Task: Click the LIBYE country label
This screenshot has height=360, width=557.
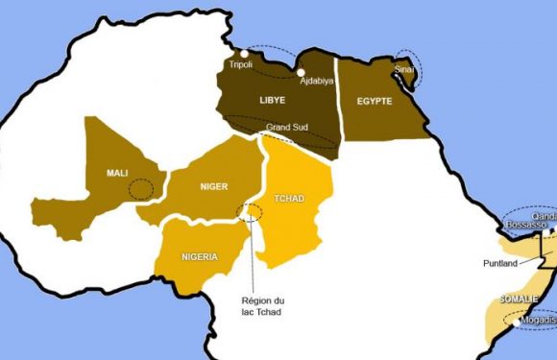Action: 273,100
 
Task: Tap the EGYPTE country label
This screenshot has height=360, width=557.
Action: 375,100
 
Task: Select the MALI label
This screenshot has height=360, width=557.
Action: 117,173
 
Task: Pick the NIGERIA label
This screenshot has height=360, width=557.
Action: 199,256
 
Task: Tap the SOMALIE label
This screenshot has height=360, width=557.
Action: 520,300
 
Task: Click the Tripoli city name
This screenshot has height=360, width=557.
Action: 241,65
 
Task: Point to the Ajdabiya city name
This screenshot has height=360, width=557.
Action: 316,81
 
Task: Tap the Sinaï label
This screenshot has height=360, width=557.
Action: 404,71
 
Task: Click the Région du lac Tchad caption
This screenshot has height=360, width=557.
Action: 263,307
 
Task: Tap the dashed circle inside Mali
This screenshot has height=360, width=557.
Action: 141,188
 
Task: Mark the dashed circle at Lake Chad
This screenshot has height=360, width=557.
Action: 252,211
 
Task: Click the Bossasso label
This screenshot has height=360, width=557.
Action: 525,224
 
